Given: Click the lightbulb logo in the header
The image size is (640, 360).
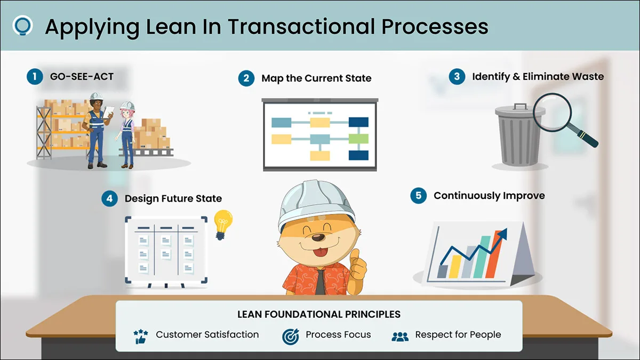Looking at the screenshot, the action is (x=22, y=26).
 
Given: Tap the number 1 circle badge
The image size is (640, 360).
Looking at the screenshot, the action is (x=35, y=77).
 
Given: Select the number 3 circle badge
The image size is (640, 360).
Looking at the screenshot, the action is (x=457, y=77).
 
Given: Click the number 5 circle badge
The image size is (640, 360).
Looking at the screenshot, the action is (x=418, y=196).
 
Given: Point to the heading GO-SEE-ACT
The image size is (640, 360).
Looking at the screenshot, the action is (x=82, y=77).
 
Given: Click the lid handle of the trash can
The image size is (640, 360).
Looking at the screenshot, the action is (x=521, y=107).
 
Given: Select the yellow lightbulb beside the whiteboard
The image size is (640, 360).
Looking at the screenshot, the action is (x=223, y=225).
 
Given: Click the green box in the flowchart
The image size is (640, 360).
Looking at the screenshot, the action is (x=358, y=139).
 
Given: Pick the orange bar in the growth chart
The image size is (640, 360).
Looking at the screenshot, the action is (x=494, y=254).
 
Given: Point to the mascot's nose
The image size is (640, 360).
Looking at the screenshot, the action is (x=318, y=237).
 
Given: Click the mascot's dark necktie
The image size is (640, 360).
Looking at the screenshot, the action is (x=321, y=282).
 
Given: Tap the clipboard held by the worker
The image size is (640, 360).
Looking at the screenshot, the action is (x=108, y=113).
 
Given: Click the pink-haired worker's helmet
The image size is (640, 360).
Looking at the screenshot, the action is (x=127, y=106).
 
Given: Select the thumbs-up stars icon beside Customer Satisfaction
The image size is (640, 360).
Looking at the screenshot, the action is (x=141, y=337).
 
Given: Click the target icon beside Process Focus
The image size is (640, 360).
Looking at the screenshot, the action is (x=291, y=337).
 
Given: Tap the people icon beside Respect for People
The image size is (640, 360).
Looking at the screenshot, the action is (x=400, y=337).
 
